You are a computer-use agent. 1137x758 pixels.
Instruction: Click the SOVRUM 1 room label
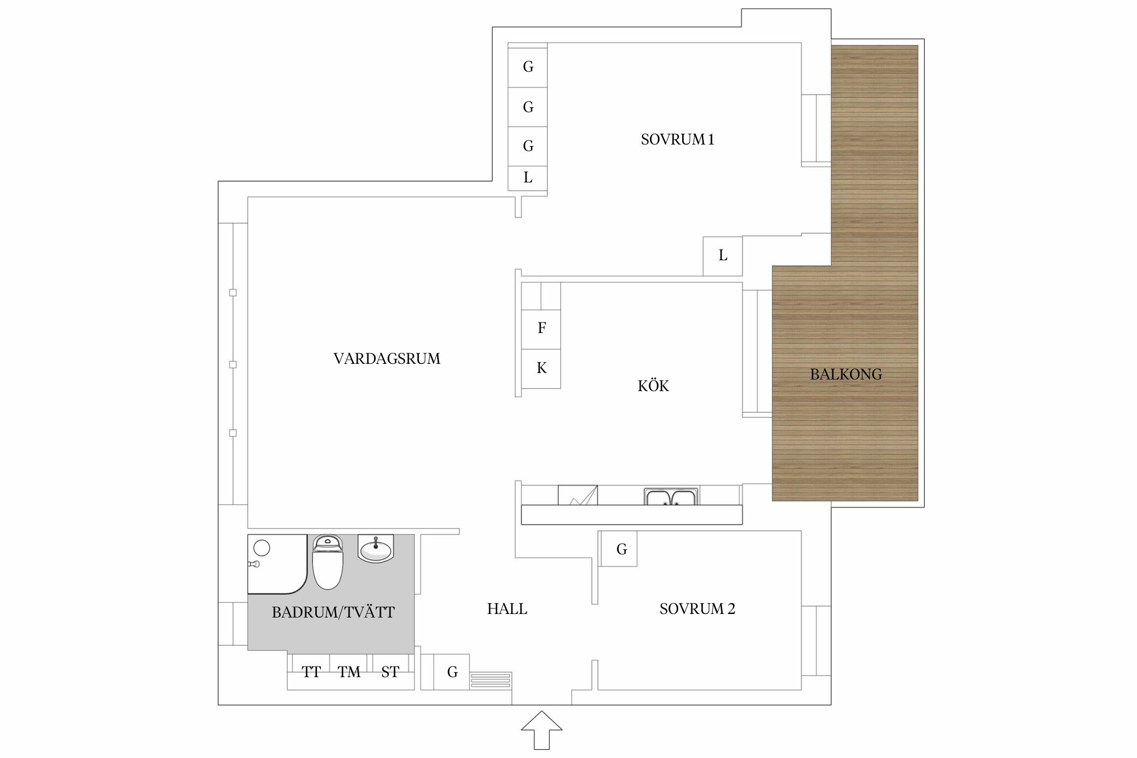[677, 139]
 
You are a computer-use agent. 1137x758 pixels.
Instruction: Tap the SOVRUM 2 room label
[697, 609]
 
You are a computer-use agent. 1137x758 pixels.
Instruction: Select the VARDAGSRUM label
[387, 359]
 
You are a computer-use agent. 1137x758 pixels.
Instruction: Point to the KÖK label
[653, 386]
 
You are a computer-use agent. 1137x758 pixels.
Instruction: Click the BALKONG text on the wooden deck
[846, 374]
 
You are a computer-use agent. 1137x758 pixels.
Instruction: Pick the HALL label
[507, 609]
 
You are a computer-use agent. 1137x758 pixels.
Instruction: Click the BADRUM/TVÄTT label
[333, 612]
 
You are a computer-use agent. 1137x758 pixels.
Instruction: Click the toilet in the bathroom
[327, 562]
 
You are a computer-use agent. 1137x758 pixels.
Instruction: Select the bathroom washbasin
[376, 548]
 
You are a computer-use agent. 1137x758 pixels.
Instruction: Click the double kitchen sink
[671, 497]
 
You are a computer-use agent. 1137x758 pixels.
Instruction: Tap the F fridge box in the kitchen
[541, 328]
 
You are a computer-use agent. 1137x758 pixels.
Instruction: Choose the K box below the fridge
[541, 368]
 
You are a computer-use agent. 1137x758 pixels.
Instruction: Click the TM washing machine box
[350, 672]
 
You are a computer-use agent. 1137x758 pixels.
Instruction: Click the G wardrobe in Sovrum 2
[621, 549]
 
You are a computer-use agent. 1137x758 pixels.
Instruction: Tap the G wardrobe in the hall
[452, 672]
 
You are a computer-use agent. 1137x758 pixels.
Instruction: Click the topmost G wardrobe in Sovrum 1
[528, 67]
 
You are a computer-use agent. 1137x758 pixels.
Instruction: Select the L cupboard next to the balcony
[723, 256]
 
